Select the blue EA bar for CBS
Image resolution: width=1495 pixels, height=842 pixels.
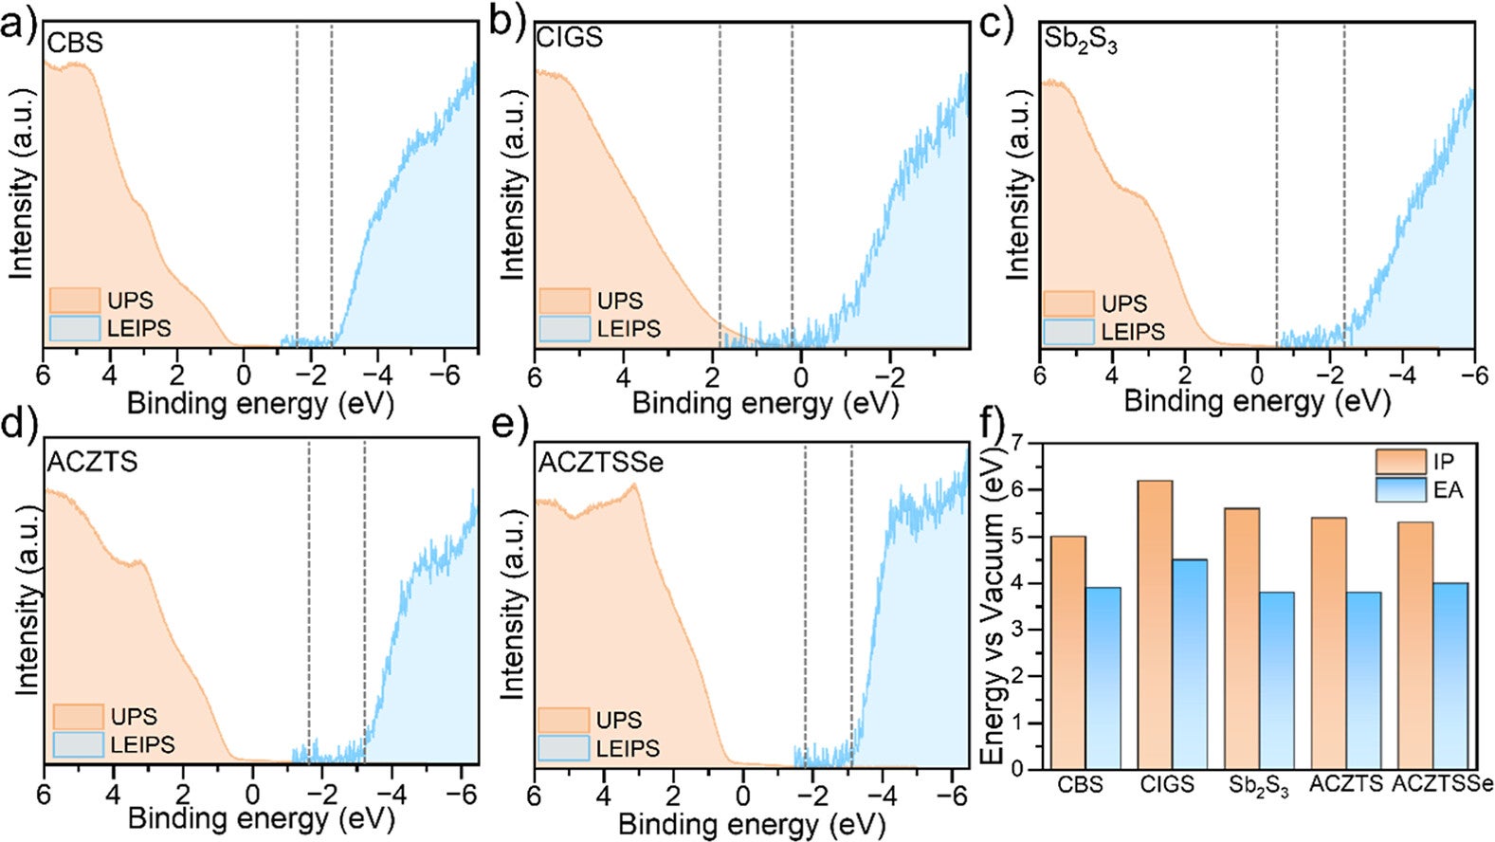click(1103, 678)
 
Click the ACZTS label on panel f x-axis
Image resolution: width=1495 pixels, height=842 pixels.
click(1345, 785)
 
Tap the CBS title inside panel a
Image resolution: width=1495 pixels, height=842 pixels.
click(75, 43)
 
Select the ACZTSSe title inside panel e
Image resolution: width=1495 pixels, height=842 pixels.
click(601, 463)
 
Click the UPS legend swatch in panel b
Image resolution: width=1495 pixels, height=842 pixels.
click(565, 301)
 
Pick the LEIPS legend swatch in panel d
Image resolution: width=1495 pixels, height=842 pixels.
click(78, 744)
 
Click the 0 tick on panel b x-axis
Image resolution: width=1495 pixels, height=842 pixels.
click(801, 375)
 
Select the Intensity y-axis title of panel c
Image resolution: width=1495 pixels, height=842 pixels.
click(1018, 185)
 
